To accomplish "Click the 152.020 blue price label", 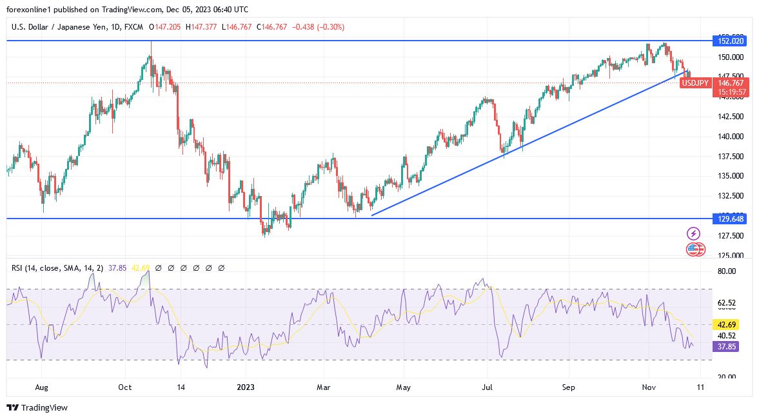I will [730, 41].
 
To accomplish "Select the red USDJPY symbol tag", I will [696, 83].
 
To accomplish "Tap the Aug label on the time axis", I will [41, 388].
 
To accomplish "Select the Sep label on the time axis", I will [568, 388].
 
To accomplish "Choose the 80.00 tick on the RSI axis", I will [726, 271].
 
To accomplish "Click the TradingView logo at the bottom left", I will [37, 407].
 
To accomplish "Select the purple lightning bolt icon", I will [694, 233].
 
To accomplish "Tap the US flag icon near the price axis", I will [694, 249].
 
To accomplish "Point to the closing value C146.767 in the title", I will [271, 27].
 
